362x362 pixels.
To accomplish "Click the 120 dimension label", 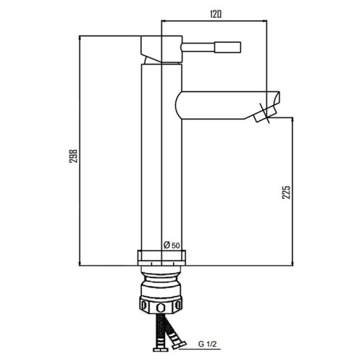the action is click(x=216, y=14).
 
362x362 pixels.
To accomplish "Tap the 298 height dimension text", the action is click(x=73, y=156).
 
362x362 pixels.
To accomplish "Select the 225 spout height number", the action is click(x=286, y=192).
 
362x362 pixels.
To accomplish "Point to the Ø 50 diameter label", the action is click(x=172, y=245).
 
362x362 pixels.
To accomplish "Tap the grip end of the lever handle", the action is click(x=227, y=47).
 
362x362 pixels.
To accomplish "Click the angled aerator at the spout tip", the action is click(x=265, y=114).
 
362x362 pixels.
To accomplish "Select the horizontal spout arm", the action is click(x=227, y=105).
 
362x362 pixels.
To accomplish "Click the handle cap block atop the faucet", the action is click(x=161, y=49).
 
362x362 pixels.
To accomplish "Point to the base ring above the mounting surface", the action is click(x=161, y=258).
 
